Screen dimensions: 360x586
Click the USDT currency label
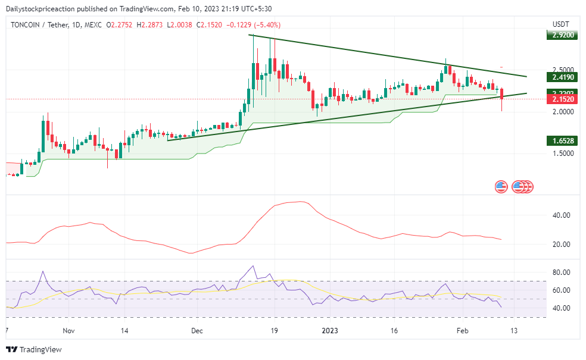pyautogui.click(x=561, y=24)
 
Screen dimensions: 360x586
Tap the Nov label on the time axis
pyautogui.click(x=68, y=330)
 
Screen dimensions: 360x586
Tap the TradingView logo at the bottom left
pyautogui.click(x=34, y=349)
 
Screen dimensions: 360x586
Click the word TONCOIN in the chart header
pyautogui.click(x=27, y=24)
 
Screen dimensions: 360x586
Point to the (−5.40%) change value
pyautogui.click(x=267, y=24)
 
